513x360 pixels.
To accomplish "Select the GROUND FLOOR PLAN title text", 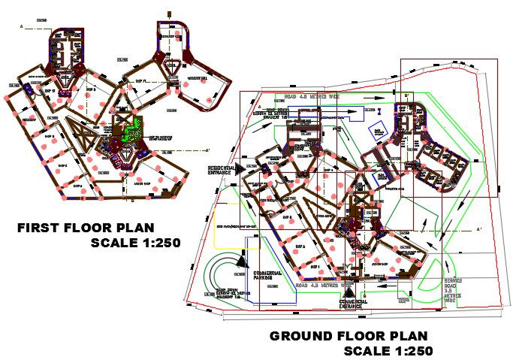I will tap(349, 336).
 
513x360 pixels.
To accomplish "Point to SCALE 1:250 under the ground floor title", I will tap(388, 350).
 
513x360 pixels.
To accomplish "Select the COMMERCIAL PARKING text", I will tap(267, 275).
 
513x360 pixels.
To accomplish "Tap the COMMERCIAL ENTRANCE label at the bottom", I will tap(352, 304).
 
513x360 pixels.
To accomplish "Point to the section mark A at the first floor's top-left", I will tap(23, 27).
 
